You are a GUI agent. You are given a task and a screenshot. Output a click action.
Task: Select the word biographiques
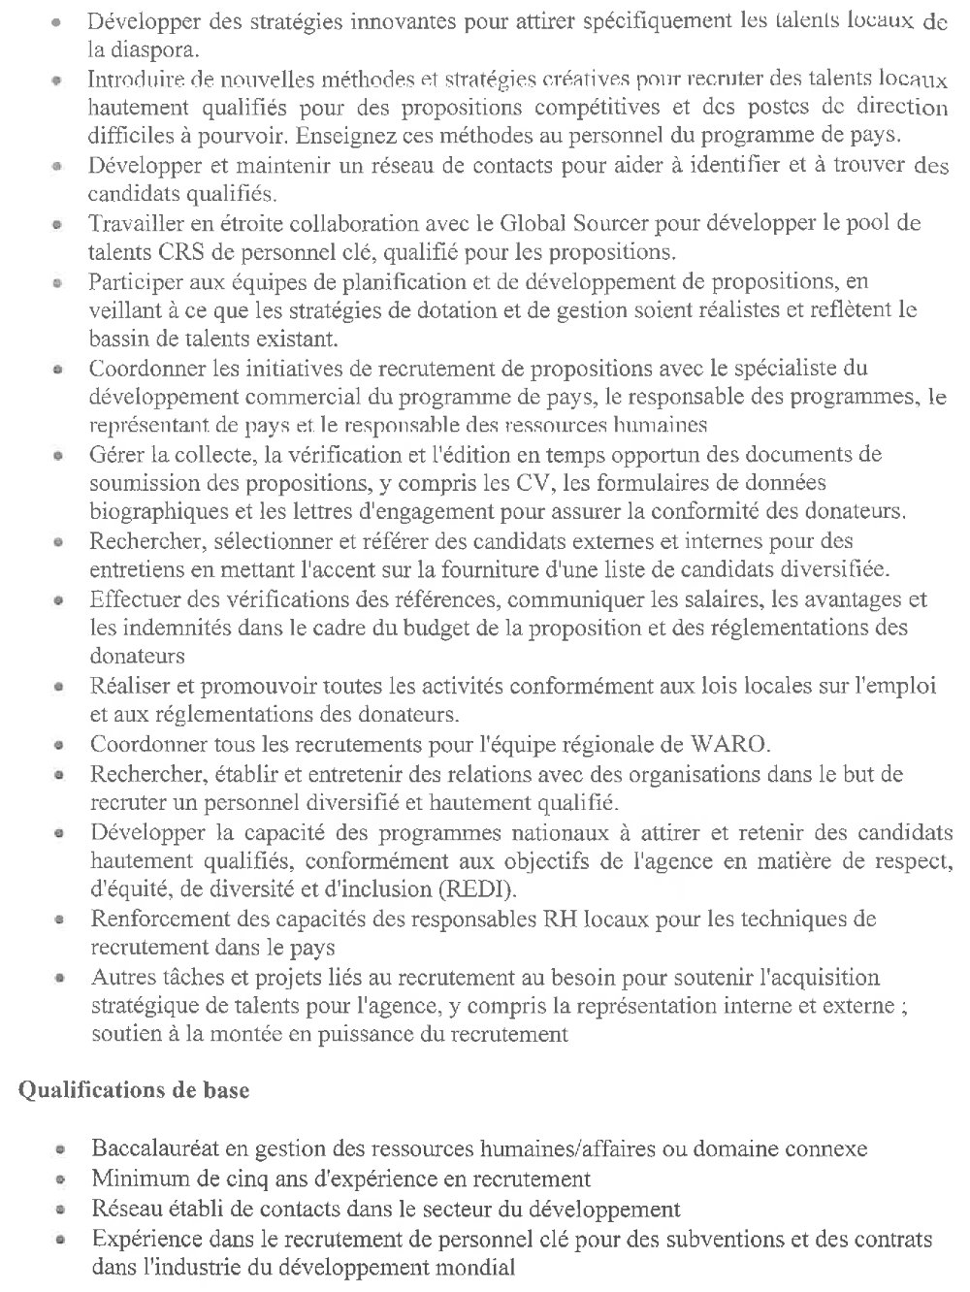[x=150, y=509]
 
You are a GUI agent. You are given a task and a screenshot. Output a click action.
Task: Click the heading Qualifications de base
[x=134, y=1089]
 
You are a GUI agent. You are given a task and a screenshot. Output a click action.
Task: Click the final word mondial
[x=480, y=1266]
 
